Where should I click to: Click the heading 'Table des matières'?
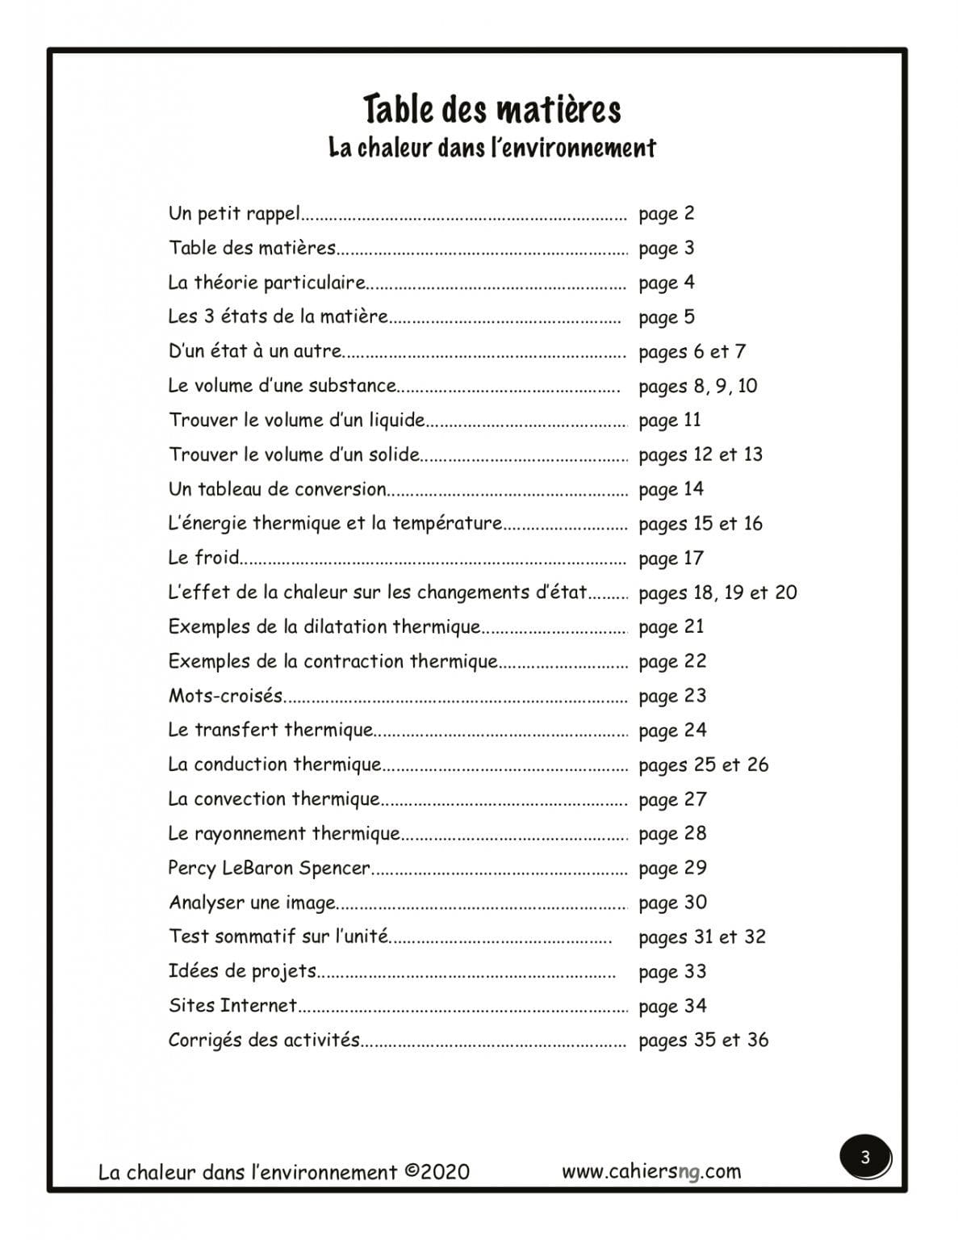tap(492, 109)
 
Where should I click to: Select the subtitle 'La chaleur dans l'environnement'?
tap(492, 148)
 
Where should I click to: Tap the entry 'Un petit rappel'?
tap(234, 214)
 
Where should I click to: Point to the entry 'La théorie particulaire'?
tap(267, 283)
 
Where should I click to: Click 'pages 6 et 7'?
tap(692, 352)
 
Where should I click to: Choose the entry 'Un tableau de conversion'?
tap(278, 489)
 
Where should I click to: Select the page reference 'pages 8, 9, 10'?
tap(697, 386)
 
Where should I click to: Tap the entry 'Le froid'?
tap(204, 558)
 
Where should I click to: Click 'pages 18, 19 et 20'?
tap(717, 593)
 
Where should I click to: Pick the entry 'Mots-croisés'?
tap(226, 696)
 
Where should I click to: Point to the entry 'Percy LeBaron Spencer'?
tap(270, 868)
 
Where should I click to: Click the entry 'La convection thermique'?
tap(274, 799)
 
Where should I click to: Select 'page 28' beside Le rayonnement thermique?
tap(671, 833)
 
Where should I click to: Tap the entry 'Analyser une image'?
tap(252, 903)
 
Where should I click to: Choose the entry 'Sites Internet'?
tap(233, 1006)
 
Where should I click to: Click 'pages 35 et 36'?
tap(703, 1040)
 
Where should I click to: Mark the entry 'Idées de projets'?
tap(242, 971)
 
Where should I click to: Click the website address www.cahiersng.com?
tap(651, 1171)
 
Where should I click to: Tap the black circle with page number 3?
tap(865, 1158)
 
